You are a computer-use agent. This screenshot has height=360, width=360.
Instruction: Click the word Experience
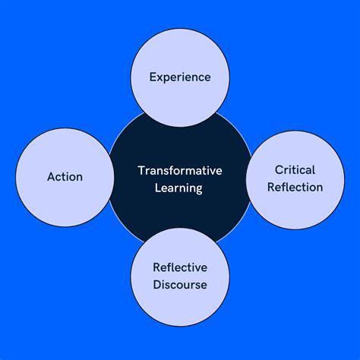[179, 77]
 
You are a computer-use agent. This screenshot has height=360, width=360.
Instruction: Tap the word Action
[65, 177]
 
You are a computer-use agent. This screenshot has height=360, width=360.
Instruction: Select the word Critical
[295, 170]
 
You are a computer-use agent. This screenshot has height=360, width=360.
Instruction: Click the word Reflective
[180, 267]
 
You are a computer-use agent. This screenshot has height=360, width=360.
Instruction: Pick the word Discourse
[180, 285]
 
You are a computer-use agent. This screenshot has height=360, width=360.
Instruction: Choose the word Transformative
[180, 170]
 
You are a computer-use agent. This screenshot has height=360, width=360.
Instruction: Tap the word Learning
[180, 188]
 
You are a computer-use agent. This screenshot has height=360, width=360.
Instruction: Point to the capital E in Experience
[153, 77]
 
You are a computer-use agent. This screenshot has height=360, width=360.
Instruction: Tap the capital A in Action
[50, 177]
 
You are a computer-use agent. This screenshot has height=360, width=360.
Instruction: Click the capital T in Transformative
[141, 170]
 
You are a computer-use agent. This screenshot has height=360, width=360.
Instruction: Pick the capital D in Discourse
[156, 285]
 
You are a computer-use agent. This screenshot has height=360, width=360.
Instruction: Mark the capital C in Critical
[279, 170]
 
